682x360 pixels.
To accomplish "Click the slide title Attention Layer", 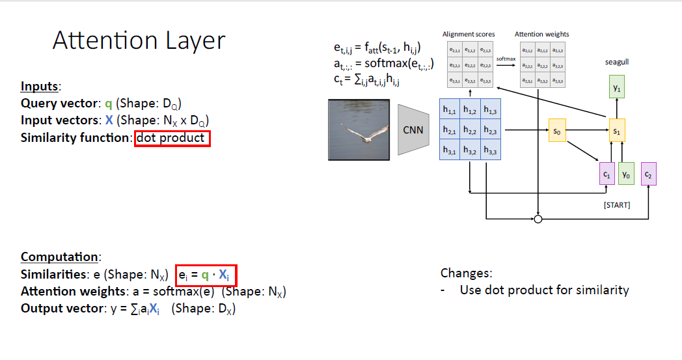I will pyautogui.click(x=139, y=41).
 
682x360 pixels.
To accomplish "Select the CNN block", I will pyautogui.click(x=413, y=130).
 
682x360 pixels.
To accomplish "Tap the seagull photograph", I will pyautogui.click(x=359, y=129).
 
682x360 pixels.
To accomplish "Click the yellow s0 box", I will pyautogui.click(x=556, y=130).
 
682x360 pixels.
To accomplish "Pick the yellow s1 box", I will pyautogui.click(x=616, y=130).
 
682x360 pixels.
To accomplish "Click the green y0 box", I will pyautogui.click(x=625, y=174).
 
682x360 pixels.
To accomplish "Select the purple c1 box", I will pyautogui.click(x=607, y=174).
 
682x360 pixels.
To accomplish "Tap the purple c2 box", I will pyautogui.click(x=648, y=174).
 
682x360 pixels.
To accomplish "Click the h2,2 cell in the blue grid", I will pyautogui.click(x=470, y=130).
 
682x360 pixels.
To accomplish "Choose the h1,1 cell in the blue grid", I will pyautogui.click(x=450, y=111).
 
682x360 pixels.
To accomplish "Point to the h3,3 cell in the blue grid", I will pyautogui.click(x=490, y=151).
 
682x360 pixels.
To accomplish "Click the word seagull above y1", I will pyautogui.click(x=616, y=62).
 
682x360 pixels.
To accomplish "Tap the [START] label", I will pyautogui.click(x=616, y=205).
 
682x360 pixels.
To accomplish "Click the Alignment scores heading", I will pyautogui.click(x=469, y=34).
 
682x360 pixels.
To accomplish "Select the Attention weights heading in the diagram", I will pyautogui.click(x=541, y=34).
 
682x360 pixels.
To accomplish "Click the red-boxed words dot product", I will pyautogui.click(x=172, y=138).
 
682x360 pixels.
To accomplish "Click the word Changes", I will pyautogui.click(x=467, y=273).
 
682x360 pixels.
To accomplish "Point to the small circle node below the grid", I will pyautogui.click(x=538, y=219).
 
